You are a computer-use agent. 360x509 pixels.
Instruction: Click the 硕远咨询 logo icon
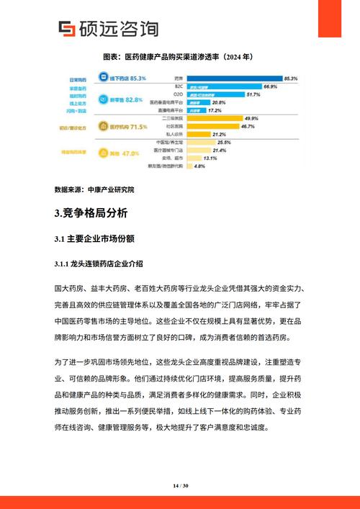point(67,29)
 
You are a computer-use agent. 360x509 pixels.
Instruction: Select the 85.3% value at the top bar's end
point(291,78)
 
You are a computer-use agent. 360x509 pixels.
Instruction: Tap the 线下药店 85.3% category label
point(128,78)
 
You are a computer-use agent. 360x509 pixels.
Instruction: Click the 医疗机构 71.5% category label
point(128,127)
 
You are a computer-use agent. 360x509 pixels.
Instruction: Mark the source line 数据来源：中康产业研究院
point(94,190)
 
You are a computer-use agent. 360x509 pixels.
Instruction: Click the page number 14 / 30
point(180,487)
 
